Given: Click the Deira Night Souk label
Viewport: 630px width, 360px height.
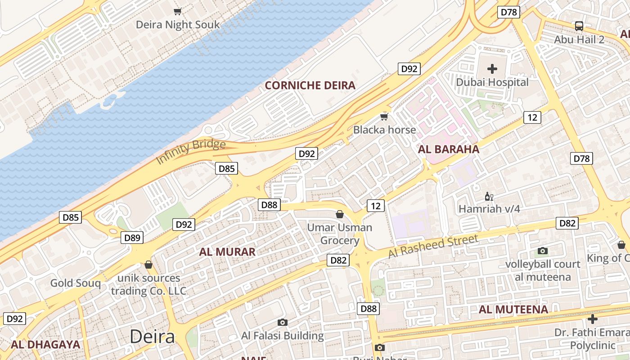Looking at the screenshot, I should pyautogui.click(x=178, y=24).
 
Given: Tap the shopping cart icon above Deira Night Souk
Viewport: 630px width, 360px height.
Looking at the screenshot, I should pyautogui.click(x=178, y=11).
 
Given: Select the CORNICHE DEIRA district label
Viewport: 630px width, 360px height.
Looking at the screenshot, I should pyautogui.click(x=310, y=85).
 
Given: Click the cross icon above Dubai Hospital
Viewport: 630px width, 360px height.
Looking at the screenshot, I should pyautogui.click(x=492, y=69).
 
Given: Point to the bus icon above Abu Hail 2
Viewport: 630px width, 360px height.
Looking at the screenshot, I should pyautogui.click(x=579, y=26).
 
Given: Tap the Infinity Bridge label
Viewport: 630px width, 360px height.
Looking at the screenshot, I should pyautogui.click(x=191, y=151).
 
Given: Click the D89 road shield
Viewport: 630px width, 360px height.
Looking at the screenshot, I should pyautogui.click(x=132, y=238).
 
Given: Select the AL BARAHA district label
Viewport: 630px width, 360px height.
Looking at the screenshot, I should pyautogui.click(x=449, y=149).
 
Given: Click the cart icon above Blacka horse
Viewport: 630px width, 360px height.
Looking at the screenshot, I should pyautogui.click(x=384, y=117).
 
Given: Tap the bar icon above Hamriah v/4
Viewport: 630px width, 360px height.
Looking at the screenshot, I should pyautogui.click(x=489, y=196).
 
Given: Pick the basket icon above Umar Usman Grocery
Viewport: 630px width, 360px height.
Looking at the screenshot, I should pyautogui.click(x=340, y=214).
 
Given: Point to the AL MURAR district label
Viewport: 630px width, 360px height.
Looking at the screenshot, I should pyautogui.click(x=227, y=252).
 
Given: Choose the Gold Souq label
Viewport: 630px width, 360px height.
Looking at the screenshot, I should pyautogui.click(x=75, y=283).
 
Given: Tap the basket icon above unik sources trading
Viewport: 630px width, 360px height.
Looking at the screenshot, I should pyautogui.click(x=148, y=265).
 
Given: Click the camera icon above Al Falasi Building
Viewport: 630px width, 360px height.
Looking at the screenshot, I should pyautogui.click(x=283, y=322).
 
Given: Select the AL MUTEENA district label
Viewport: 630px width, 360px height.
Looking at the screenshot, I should pyautogui.click(x=513, y=310).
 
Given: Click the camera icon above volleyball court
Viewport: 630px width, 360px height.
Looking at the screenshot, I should pyautogui.click(x=543, y=251).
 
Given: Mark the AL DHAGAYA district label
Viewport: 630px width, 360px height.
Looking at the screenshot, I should pyautogui.click(x=45, y=345).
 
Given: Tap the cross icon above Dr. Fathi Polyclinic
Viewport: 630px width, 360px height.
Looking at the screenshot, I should pyautogui.click(x=593, y=319).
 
